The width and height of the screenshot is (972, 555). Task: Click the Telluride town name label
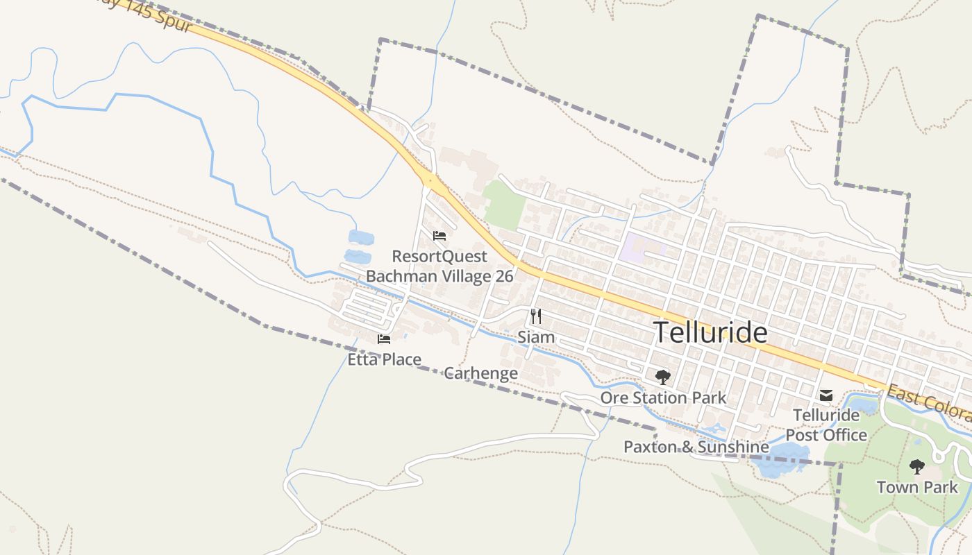click(710, 333)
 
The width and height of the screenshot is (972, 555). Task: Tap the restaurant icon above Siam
click(535, 316)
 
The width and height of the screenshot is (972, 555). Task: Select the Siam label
click(536, 338)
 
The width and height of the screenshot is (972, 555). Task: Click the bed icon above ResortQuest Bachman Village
click(439, 236)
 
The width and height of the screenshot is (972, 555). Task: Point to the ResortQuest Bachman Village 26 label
click(439, 266)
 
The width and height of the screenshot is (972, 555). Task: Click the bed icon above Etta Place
click(383, 339)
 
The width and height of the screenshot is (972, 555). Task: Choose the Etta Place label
click(384, 359)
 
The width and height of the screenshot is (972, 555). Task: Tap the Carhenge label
click(480, 373)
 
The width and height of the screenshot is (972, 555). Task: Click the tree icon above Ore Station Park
click(663, 377)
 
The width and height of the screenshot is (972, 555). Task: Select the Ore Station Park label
click(663, 398)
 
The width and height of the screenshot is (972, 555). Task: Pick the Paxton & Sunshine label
click(696, 447)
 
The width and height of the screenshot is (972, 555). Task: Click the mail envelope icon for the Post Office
click(826, 395)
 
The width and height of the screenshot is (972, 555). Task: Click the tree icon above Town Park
click(917, 466)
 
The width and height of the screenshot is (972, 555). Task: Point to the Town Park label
click(917, 487)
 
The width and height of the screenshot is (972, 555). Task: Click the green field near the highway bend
click(505, 205)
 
